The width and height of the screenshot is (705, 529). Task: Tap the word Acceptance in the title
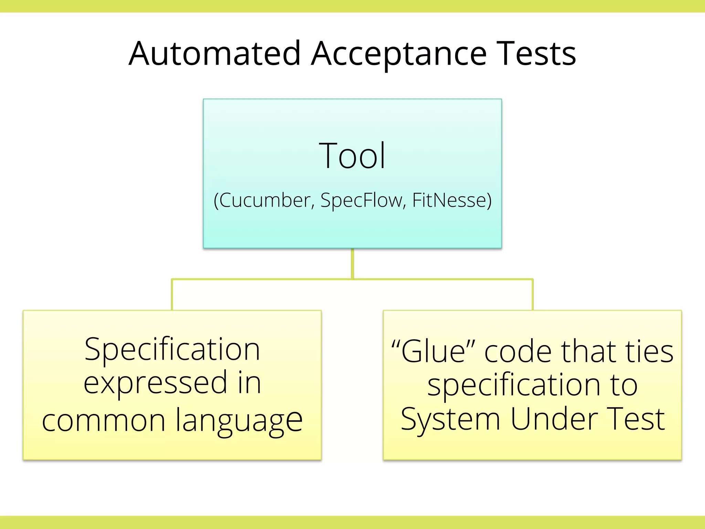coord(399,54)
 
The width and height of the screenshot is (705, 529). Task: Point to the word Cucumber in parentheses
coord(264,200)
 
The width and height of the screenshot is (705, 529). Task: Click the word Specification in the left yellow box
coord(172,350)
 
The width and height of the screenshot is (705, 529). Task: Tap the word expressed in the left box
coord(156,383)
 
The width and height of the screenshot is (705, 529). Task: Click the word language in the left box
coord(239,421)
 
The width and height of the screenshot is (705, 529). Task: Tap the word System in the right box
coord(450,419)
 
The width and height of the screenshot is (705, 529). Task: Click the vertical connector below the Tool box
coord(352,263)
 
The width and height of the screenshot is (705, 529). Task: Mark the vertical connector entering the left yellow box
coord(172,295)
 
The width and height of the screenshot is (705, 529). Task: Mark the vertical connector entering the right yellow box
coord(533,295)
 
